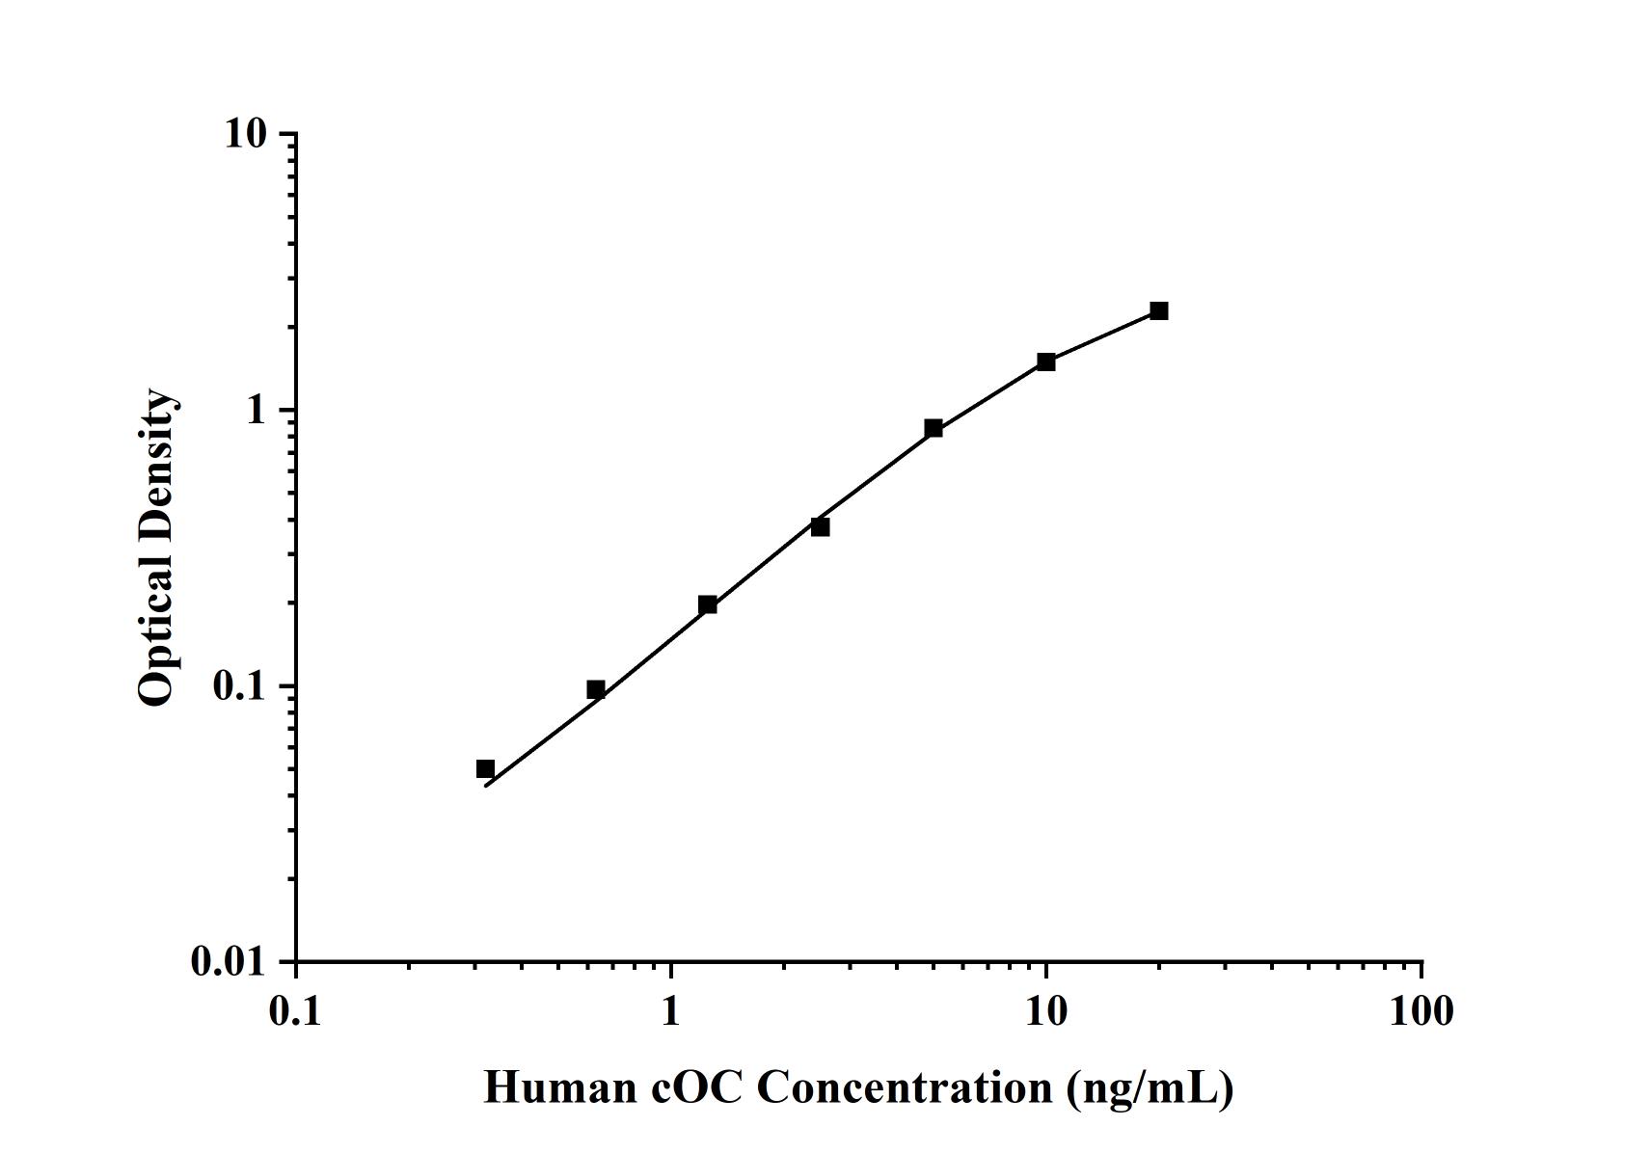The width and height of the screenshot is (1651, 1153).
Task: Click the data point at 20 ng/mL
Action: (1158, 310)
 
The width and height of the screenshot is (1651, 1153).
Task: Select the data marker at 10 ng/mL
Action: (1046, 362)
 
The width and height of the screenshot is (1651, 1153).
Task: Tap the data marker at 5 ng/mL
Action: (934, 428)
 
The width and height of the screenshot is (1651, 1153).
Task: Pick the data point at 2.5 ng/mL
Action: (820, 526)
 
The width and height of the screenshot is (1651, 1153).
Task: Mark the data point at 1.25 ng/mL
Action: (708, 604)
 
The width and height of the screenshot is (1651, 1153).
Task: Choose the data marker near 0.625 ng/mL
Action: (596, 689)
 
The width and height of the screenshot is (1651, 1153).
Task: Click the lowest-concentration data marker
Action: (485, 768)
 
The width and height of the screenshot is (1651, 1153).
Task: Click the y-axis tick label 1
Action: (255, 411)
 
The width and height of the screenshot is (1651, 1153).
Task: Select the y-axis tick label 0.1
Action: (238, 686)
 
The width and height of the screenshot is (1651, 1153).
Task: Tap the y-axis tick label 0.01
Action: (229, 961)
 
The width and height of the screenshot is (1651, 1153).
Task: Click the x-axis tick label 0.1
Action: (295, 1011)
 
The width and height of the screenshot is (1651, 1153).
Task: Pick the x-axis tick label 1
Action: (671, 1011)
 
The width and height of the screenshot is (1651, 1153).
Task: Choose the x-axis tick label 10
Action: (1046, 1011)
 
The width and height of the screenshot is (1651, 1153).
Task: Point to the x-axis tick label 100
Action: (1421, 1011)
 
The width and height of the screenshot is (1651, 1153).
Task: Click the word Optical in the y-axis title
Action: (156, 632)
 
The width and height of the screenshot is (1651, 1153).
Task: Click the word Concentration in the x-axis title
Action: (905, 1088)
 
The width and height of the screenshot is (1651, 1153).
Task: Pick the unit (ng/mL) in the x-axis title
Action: (1150, 1088)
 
